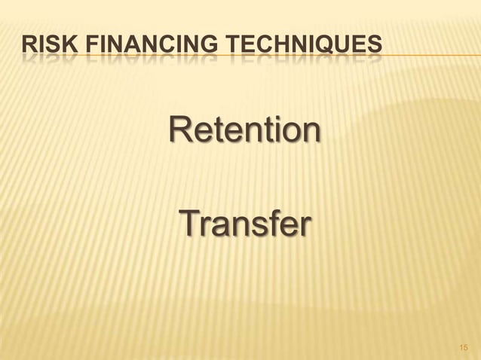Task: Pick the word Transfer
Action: click(x=244, y=224)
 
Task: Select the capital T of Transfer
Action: click(x=189, y=224)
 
